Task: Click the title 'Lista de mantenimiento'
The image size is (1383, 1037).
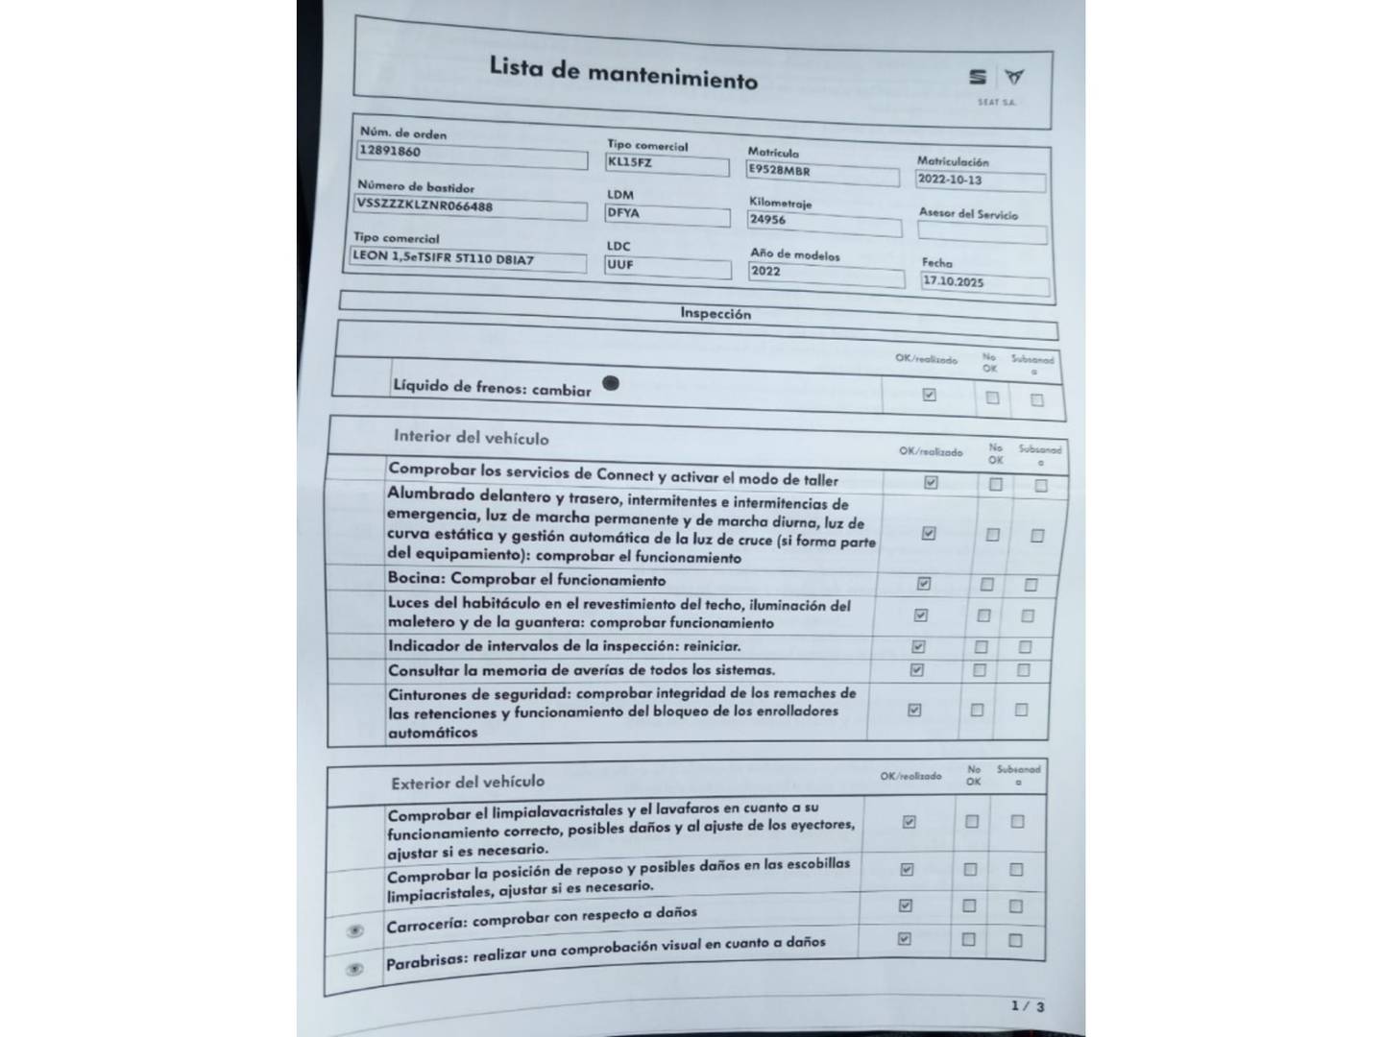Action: (623, 72)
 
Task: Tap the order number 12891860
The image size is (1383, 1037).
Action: (390, 151)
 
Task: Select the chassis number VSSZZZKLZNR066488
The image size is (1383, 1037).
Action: (425, 205)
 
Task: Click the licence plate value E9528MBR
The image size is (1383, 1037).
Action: (779, 171)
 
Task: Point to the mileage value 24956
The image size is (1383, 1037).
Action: (767, 220)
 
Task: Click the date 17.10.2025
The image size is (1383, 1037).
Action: (953, 282)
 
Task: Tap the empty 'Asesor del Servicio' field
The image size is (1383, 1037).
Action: (982, 231)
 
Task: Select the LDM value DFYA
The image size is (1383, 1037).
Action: (623, 213)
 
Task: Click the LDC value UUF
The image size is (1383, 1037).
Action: (620, 264)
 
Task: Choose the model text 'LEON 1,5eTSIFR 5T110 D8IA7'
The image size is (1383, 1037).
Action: (443, 257)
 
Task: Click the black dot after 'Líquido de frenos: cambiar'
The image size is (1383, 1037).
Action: (610, 383)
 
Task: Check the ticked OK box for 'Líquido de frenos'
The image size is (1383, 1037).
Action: (929, 395)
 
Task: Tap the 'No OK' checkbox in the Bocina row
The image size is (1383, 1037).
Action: (986, 584)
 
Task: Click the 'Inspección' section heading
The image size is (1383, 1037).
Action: (716, 313)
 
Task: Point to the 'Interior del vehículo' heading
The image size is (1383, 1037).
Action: (471, 437)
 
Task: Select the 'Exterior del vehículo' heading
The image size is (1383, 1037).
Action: (468, 783)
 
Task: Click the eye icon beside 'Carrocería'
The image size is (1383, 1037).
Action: (355, 931)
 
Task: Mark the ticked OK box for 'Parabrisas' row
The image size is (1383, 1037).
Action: (904, 939)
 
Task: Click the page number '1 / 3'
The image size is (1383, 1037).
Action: (1027, 1005)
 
